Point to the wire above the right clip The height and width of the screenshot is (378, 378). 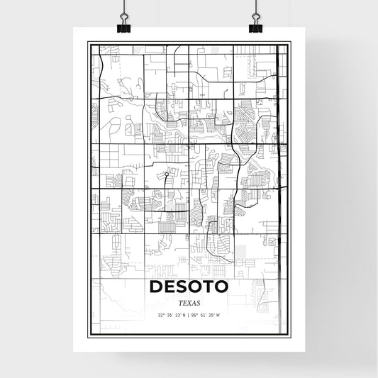pos(254,9)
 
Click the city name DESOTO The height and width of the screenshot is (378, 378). pos(189,287)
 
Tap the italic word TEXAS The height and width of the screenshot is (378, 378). pos(189,303)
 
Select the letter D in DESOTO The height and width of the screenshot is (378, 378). pos(156,287)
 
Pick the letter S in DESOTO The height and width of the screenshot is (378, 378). pos(182,287)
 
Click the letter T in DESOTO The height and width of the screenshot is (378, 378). pos(209,287)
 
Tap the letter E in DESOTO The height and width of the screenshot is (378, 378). pos(169,287)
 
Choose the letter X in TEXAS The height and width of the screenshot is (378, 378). pos(189,303)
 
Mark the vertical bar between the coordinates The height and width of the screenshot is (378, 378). pos(189,315)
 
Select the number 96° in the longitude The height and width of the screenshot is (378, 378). pos(196,315)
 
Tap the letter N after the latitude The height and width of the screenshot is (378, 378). pos(183,315)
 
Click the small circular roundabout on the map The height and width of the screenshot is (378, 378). pos(166,174)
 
